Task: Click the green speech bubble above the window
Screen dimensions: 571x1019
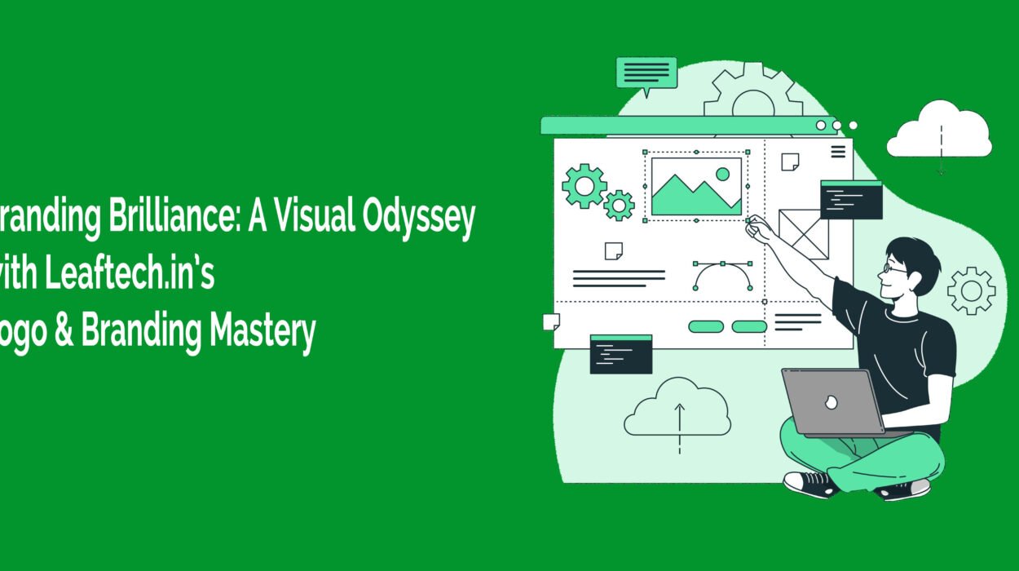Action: point(646,73)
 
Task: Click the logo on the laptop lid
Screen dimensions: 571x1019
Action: point(832,402)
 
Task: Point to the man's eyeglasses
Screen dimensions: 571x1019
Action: point(895,268)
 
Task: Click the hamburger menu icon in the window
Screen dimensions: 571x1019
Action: point(837,152)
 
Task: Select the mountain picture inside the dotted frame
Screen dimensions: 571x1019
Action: point(696,187)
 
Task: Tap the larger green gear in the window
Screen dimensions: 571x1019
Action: point(584,186)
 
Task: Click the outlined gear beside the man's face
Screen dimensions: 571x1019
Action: point(972,290)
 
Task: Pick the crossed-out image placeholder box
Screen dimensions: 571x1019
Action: point(803,234)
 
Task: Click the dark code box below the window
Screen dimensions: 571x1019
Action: point(621,354)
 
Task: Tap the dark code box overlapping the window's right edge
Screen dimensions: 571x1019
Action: point(851,200)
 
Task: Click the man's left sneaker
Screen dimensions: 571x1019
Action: point(810,483)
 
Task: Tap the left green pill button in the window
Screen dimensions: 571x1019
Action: point(706,326)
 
